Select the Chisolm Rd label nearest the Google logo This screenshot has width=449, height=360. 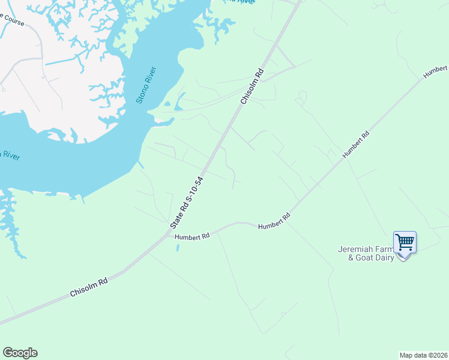point(89,287)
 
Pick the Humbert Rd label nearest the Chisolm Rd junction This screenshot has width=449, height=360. point(192,237)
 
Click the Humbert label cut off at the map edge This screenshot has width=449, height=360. point(436,70)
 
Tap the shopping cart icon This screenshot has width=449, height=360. point(405,242)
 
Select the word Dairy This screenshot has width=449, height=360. point(384,257)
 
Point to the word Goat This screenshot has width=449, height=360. point(364,257)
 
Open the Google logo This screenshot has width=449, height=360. point(20,353)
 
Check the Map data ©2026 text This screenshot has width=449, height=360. point(423,355)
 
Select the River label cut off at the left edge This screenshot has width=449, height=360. point(8,155)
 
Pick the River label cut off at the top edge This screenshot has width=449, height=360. point(243,2)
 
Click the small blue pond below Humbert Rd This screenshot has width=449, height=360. point(177,247)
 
